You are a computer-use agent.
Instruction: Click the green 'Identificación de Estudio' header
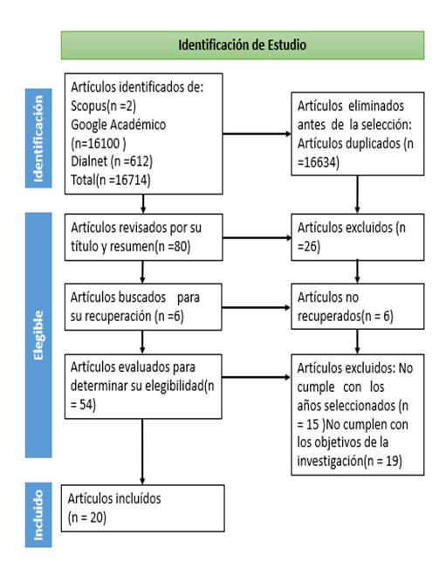[243, 45]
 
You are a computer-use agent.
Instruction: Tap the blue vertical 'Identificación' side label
[38, 139]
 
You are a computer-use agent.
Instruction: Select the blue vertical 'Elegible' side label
[38, 335]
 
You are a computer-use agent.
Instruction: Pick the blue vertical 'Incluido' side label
[38, 515]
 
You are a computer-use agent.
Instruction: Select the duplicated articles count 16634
[319, 162]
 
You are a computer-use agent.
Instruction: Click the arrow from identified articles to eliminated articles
[257, 134]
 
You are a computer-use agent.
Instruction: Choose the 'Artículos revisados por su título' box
[143, 237]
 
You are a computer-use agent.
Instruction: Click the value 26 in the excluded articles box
[311, 247]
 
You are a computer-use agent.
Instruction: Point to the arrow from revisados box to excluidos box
[257, 237]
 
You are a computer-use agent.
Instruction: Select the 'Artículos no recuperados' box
[358, 306]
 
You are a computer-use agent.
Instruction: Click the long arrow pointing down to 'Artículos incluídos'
[142, 452]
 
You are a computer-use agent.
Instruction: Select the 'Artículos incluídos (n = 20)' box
[142, 508]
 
